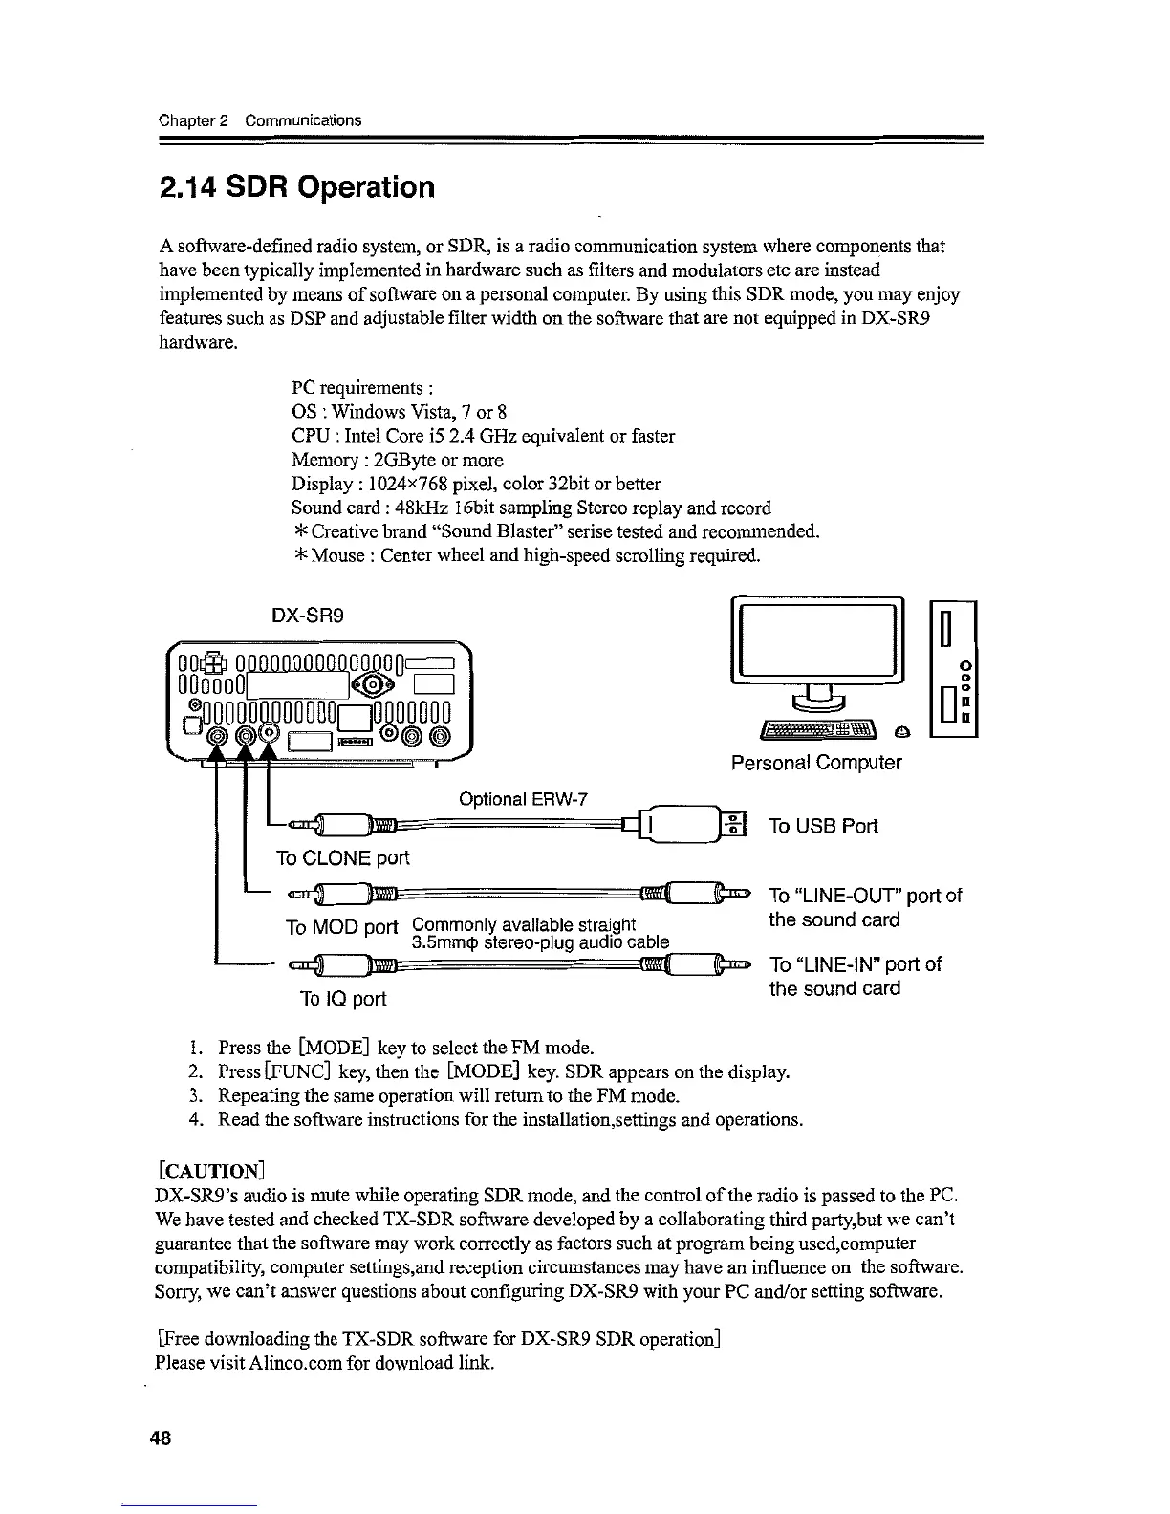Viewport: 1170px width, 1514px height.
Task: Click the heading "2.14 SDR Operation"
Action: [296, 186]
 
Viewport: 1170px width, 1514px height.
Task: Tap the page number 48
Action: [160, 1439]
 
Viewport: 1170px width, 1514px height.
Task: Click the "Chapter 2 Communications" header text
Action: [260, 120]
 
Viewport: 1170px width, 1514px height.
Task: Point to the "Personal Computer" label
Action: [815, 763]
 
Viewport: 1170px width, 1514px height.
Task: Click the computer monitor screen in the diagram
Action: [816, 638]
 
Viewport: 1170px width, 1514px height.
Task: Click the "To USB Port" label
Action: [823, 826]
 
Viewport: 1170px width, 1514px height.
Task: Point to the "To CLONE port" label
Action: [342, 858]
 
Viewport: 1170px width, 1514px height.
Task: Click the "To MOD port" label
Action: [341, 927]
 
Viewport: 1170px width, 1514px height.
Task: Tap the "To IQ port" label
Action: [343, 999]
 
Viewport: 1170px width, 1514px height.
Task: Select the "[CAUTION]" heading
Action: [209, 1169]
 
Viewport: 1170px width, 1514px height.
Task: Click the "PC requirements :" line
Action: [363, 389]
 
